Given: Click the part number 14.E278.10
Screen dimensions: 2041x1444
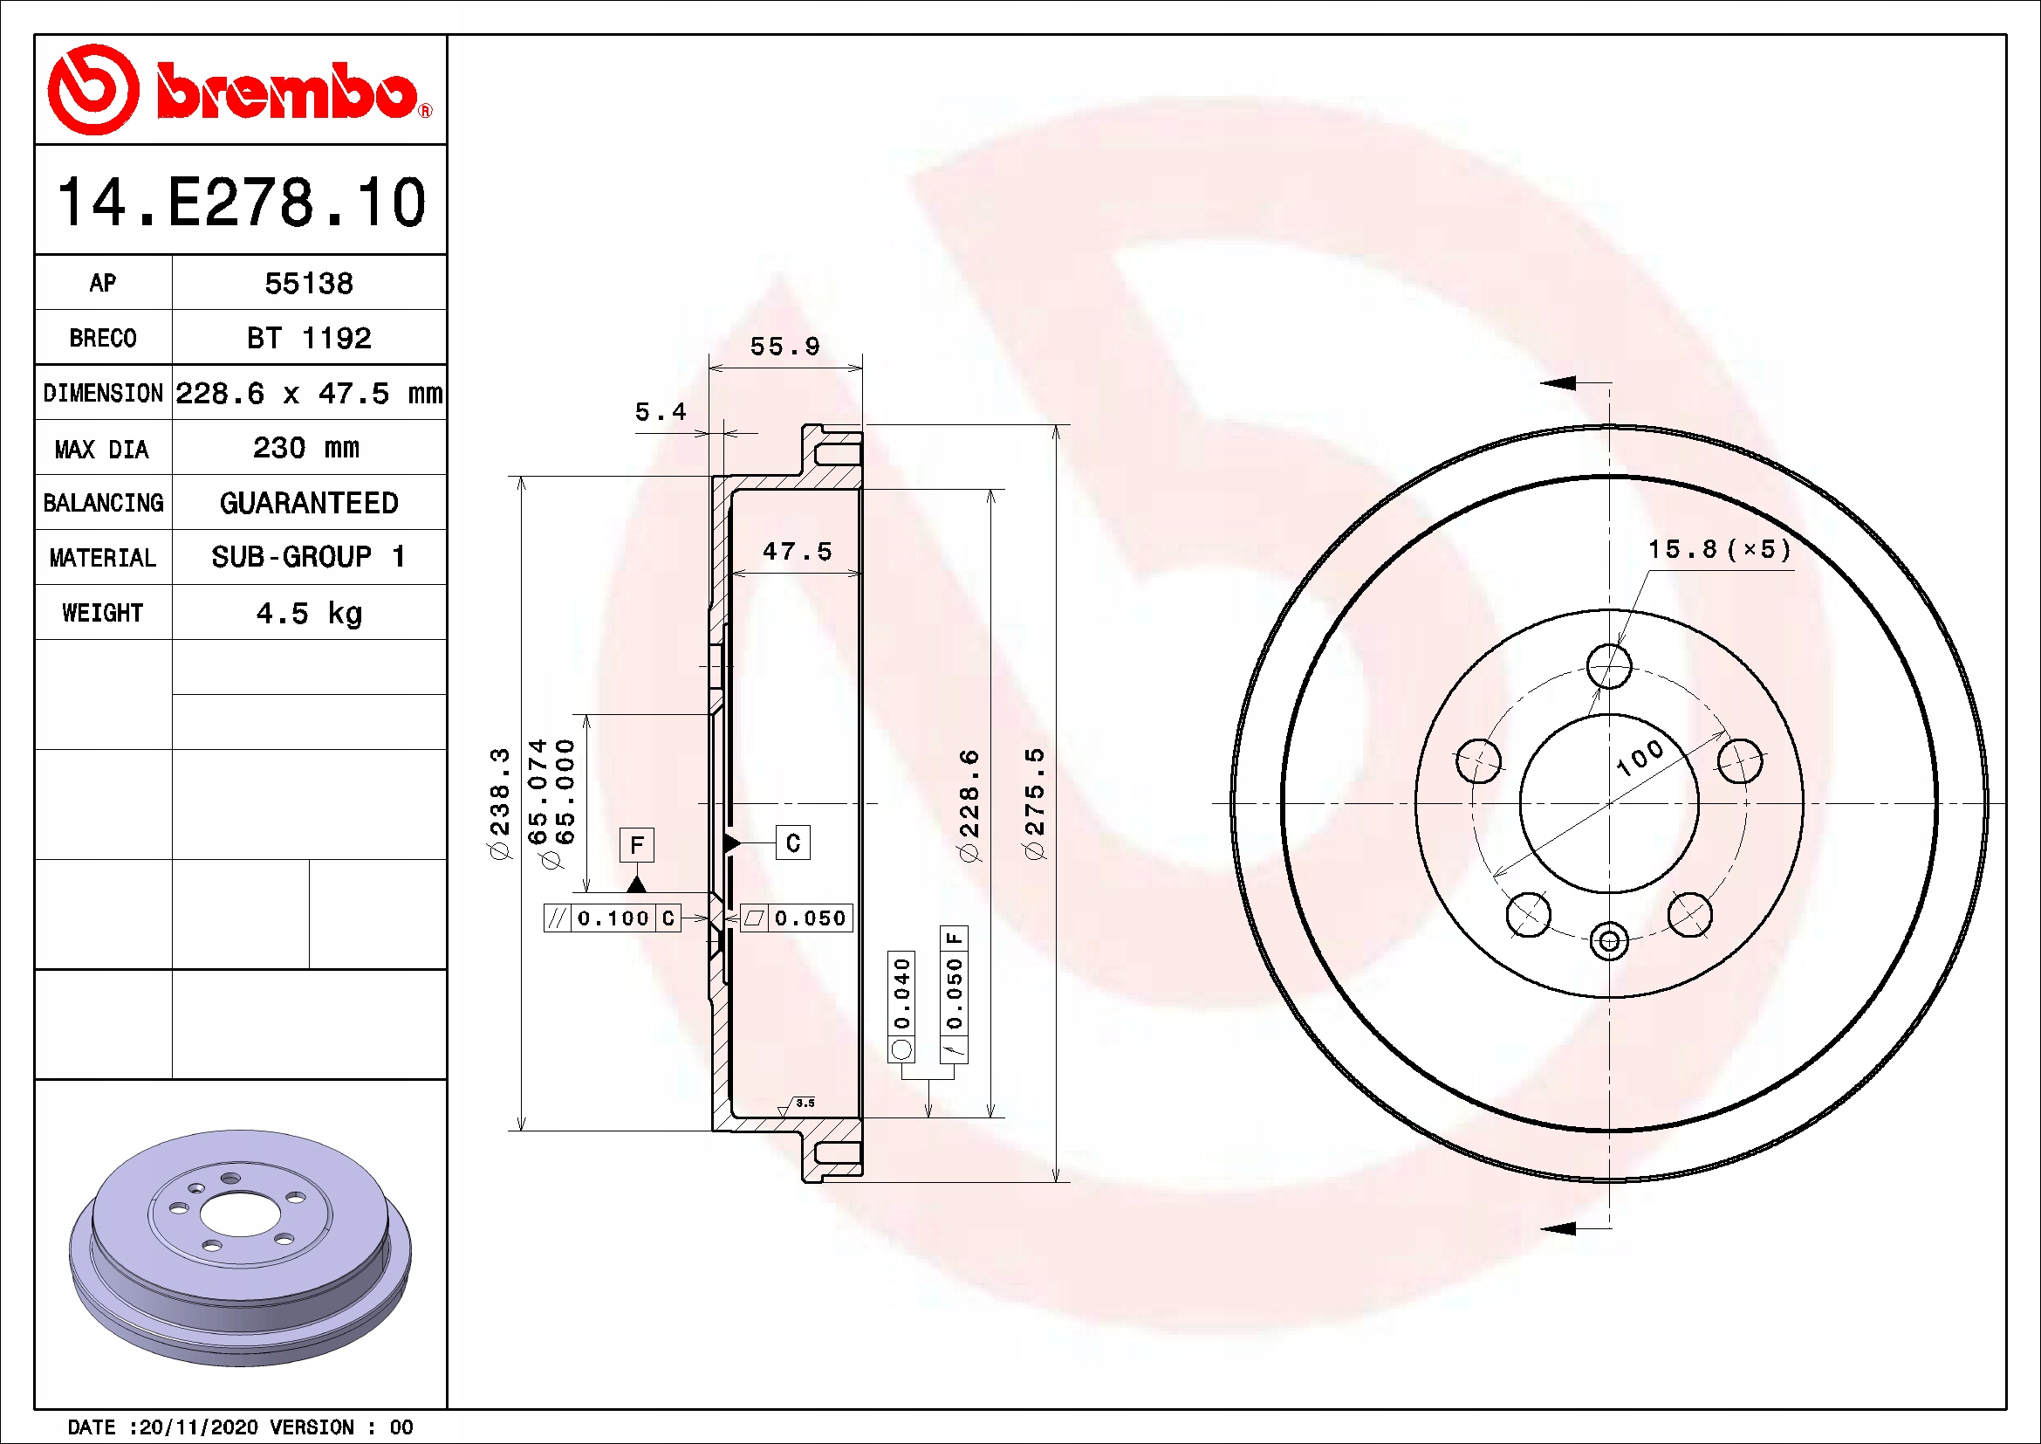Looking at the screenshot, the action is click(242, 202).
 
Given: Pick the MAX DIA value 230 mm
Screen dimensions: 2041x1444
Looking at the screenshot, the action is click(306, 447).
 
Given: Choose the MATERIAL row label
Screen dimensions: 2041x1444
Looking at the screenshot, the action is click(103, 559).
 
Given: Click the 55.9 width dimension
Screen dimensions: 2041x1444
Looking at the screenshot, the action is click(785, 346).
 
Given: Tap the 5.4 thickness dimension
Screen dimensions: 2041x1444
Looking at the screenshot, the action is click(661, 412).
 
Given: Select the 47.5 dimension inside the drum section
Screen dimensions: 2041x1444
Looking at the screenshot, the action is click(798, 551).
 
